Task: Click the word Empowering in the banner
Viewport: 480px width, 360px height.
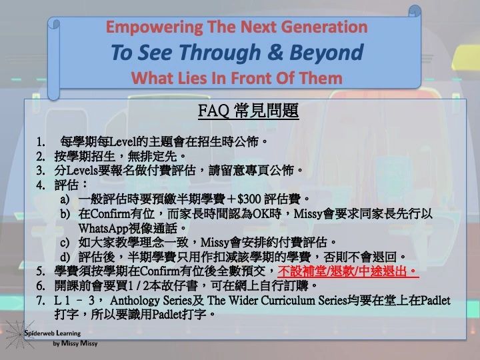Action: pyautogui.click(x=154, y=27)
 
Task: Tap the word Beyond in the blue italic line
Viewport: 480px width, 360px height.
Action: pyautogui.click(x=326, y=53)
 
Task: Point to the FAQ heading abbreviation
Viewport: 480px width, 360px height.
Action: pyautogui.click(x=213, y=111)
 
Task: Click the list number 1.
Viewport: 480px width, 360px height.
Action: pyautogui.click(x=41, y=142)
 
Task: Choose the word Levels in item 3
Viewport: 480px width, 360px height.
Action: pyautogui.click(x=82, y=171)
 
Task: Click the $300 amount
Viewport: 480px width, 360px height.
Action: pyautogui.click(x=249, y=199)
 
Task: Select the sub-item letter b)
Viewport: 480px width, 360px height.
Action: pyautogui.click(x=65, y=214)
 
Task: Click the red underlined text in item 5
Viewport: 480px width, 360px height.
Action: pyautogui.click(x=349, y=271)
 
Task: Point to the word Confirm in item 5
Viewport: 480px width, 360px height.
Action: pyautogui.click(x=159, y=271)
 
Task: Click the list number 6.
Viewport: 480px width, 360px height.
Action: pyautogui.click(x=41, y=286)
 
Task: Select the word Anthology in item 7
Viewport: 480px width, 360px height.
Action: pyautogui.click(x=135, y=300)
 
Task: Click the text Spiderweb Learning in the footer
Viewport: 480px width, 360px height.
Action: pyautogui.click(x=53, y=333)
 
